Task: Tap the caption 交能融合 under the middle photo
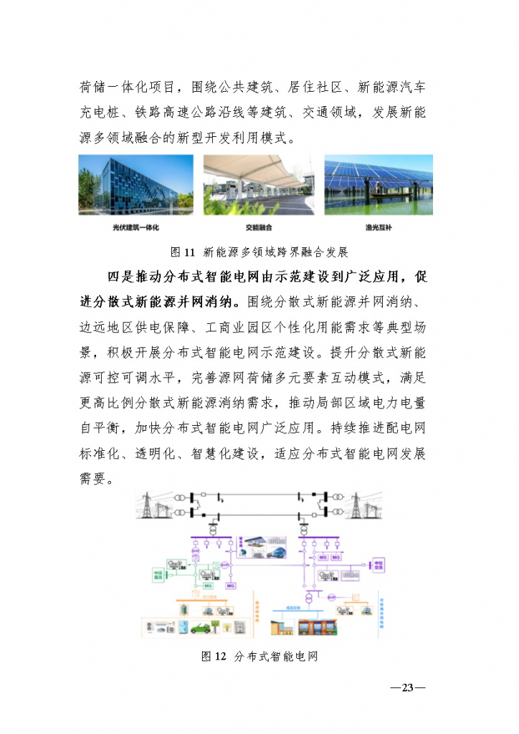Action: (x=258, y=227)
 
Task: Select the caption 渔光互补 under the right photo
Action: (x=378, y=227)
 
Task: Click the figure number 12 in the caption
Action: (x=220, y=657)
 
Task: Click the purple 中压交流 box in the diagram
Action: (x=378, y=566)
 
